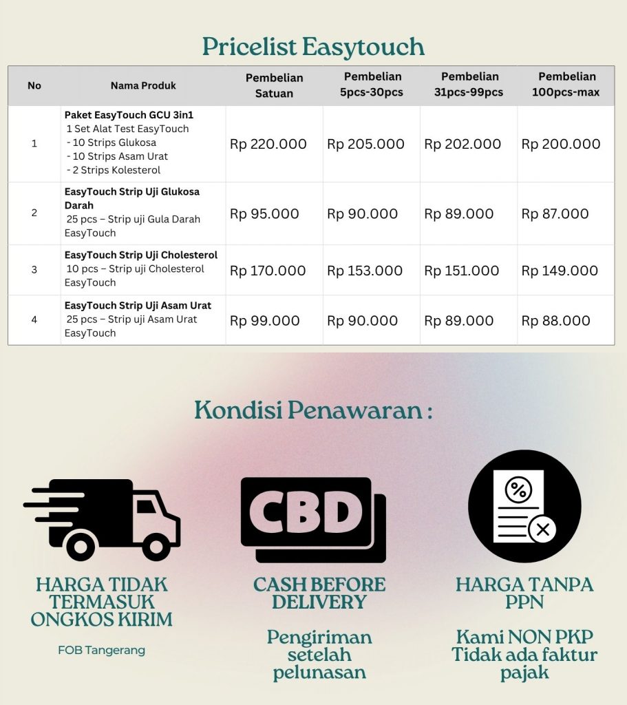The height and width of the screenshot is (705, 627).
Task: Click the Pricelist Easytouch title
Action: [313, 47]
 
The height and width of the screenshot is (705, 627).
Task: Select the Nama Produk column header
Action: [143, 85]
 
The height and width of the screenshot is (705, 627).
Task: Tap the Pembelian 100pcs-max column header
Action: [566, 84]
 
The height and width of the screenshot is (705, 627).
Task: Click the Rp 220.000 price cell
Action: [268, 144]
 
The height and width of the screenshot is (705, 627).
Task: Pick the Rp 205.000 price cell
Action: [365, 144]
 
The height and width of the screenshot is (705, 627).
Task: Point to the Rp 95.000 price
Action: [264, 213]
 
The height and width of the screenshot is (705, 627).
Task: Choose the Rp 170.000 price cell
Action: [268, 271]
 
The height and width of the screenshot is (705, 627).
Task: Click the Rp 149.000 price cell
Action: [560, 271]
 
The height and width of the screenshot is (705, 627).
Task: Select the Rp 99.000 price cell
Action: [265, 320]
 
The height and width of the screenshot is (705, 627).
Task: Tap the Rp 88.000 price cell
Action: [556, 320]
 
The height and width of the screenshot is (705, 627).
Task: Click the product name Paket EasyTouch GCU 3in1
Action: [129, 114]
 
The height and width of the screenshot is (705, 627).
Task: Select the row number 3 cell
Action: [34, 269]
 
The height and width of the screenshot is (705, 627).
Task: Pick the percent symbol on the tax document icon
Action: [518, 490]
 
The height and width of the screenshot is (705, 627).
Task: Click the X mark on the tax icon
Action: [542, 530]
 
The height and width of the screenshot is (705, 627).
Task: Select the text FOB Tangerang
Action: [101, 650]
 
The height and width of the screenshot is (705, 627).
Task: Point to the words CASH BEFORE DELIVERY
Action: [319, 593]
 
